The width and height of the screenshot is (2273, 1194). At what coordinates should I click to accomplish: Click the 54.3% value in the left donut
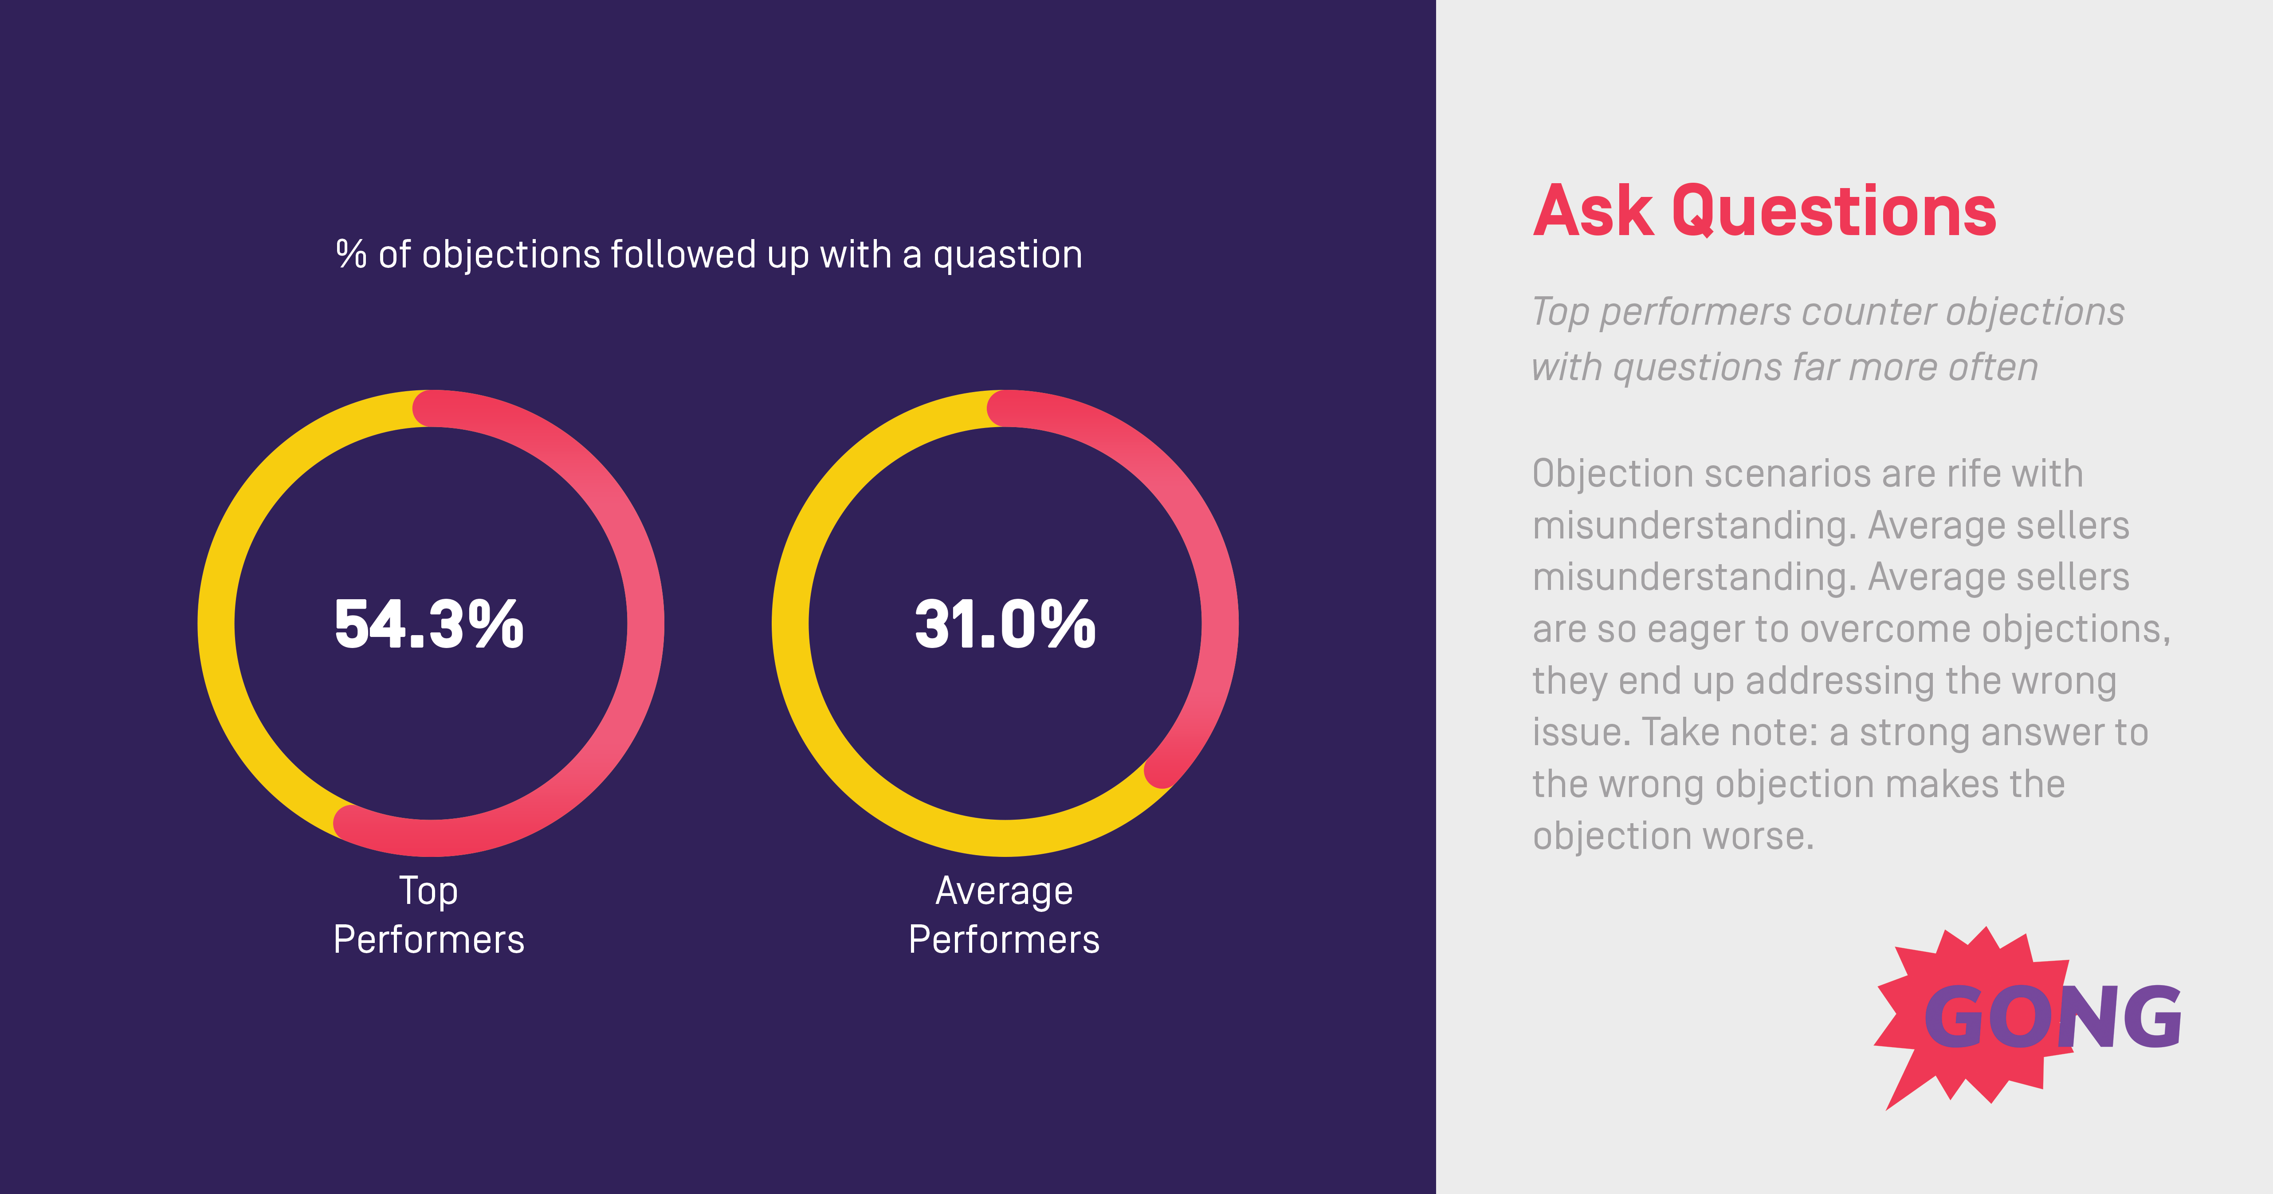(x=429, y=624)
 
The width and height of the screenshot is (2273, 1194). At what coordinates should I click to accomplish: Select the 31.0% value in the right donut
(x=1005, y=624)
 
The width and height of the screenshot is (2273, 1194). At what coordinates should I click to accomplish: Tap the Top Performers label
(x=429, y=915)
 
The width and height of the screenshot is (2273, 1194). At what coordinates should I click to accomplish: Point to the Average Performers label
(x=1004, y=915)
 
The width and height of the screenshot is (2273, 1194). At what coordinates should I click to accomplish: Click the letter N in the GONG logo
(x=2087, y=1017)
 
